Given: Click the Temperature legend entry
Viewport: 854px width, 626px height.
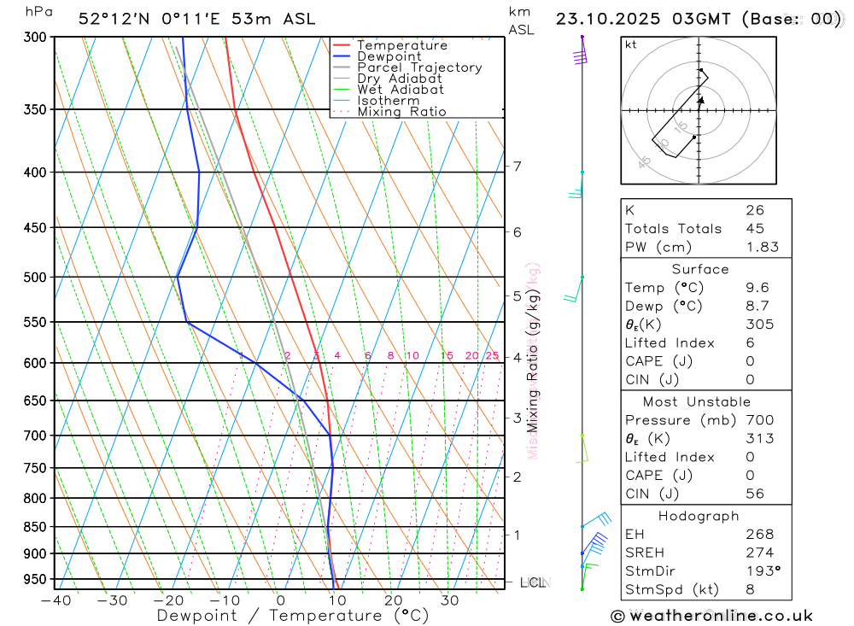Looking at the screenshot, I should click(401, 45).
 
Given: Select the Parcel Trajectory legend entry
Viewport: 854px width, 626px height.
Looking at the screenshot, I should click(418, 67).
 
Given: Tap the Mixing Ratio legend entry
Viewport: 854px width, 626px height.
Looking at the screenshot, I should click(401, 112).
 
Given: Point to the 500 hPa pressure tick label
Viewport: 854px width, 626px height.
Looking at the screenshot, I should click(35, 277).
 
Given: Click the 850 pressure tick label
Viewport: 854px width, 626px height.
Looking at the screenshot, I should click(35, 526).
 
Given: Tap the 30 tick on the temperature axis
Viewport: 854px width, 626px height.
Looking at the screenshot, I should click(449, 600).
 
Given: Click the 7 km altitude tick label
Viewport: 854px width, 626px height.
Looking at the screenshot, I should click(518, 166).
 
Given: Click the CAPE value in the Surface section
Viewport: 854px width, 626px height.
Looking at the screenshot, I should click(750, 361).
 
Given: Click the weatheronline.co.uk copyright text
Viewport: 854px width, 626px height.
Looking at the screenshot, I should click(712, 616).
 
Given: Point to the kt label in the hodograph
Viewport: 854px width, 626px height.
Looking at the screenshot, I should click(631, 45).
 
